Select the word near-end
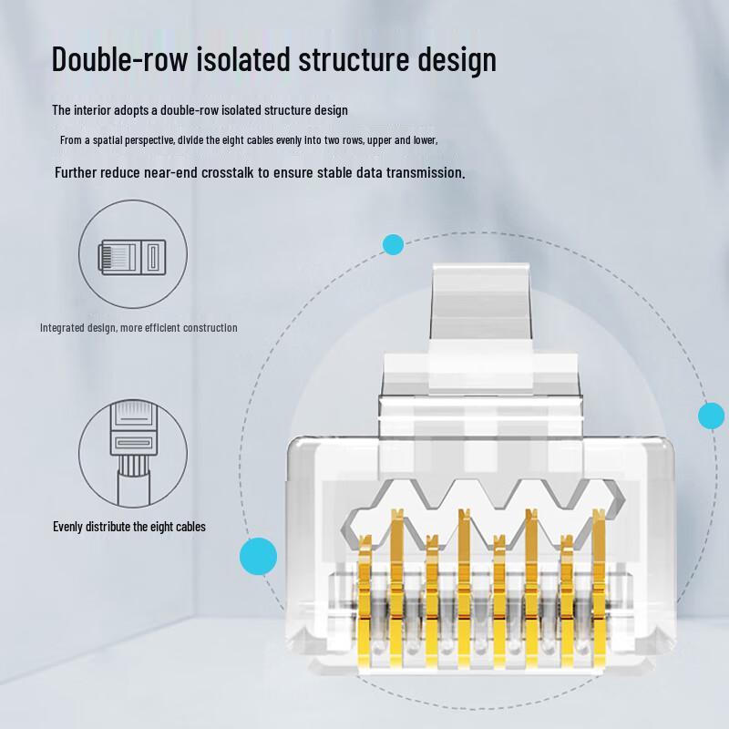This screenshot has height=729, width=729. pos(154,172)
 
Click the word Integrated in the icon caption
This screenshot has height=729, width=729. pos(63,328)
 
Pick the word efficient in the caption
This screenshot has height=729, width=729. pos(160,328)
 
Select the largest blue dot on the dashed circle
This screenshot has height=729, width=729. pos(258,556)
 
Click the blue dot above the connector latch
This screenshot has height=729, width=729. pos(393,244)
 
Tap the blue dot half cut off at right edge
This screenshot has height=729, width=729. pos(712,416)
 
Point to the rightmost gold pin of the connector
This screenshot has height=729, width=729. pos(598,592)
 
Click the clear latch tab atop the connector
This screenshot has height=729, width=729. pos(478,301)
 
